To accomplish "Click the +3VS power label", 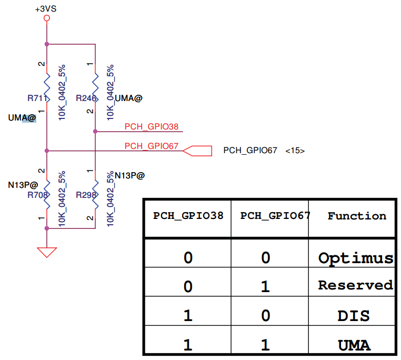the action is pos(46,9).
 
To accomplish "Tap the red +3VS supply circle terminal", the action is pos(47,18).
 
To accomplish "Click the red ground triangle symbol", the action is pos(47,252).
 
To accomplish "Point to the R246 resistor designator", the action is pos(86,98).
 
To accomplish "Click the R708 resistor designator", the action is pos(37,195).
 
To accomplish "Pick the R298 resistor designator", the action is pos(86,195).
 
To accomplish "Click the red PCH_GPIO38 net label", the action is pos(152,127).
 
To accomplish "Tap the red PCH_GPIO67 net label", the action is pos(152,146).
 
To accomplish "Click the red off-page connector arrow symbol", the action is pos(197,151).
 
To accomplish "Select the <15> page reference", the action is pos(295,151).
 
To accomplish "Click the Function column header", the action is pos(357,216).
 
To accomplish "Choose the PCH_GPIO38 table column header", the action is pos(188,216).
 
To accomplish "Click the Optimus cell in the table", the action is pos(356,258).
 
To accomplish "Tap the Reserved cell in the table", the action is pos(355,285).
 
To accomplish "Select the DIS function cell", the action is pos(354,316).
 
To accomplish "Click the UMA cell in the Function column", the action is pos(354,345).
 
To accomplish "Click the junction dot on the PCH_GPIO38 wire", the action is pos(95,132).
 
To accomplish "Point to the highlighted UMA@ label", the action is pos(22,118).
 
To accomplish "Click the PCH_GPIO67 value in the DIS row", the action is pos(266,316).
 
